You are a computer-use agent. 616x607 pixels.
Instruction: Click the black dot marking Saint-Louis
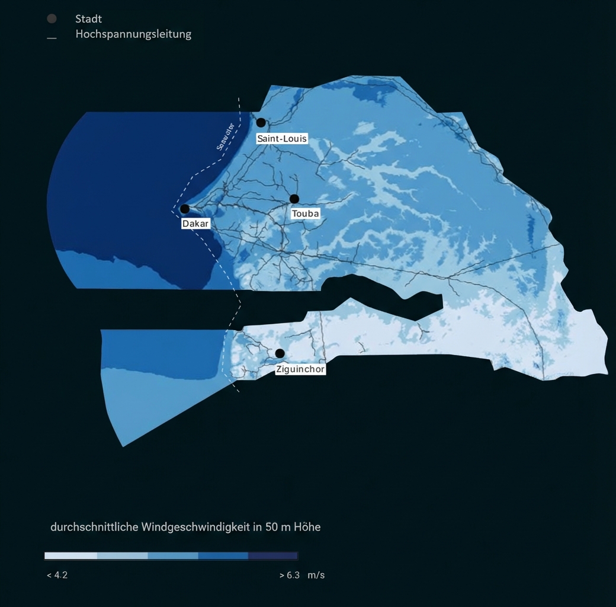pyautogui.click(x=261, y=123)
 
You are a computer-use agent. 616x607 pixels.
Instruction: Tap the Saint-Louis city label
pyautogui.click(x=282, y=139)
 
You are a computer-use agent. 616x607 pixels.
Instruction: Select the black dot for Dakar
pyautogui.click(x=185, y=209)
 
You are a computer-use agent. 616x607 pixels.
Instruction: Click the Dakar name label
pyautogui.click(x=195, y=225)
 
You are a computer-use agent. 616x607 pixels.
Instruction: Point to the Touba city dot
pyautogui.click(x=294, y=199)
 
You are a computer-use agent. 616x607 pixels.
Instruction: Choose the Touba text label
pyautogui.click(x=306, y=213)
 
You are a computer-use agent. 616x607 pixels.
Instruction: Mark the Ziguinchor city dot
pyautogui.click(x=280, y=353)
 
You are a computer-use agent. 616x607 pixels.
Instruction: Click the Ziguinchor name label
pyautogui.click(x=300, y=369)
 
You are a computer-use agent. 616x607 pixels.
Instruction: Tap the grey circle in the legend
pyautogui.click(x=52, y=18)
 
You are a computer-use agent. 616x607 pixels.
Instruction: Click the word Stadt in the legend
pyautogui.click(x=88, y=19)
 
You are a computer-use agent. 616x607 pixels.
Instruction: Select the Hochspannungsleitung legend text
pyautogui.click(x=133, y=34)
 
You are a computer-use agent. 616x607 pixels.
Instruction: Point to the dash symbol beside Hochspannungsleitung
pyautogui.click(x=52, y=38)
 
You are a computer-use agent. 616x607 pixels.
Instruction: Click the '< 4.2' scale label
pyautogui.click(x=57, y=575)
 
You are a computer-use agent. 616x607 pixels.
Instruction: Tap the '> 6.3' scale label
pyautogui.click(x=289, y=575)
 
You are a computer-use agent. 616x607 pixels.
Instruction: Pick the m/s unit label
pyautogui.click(x=316, y=575)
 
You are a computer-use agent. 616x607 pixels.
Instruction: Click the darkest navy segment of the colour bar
pyautogui.click(x=272, y=556)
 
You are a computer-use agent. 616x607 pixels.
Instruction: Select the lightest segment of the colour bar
pyautogui.click(x=70, y=556)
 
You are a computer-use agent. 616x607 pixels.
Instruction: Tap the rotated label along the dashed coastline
pyautogui.click(x=226, y=136)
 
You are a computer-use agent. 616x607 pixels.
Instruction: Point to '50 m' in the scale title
pyautogui.click(x=277, y=526)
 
